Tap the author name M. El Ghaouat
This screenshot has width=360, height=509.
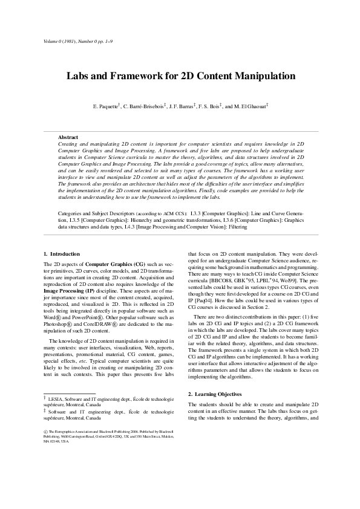249,107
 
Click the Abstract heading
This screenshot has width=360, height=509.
68,137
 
